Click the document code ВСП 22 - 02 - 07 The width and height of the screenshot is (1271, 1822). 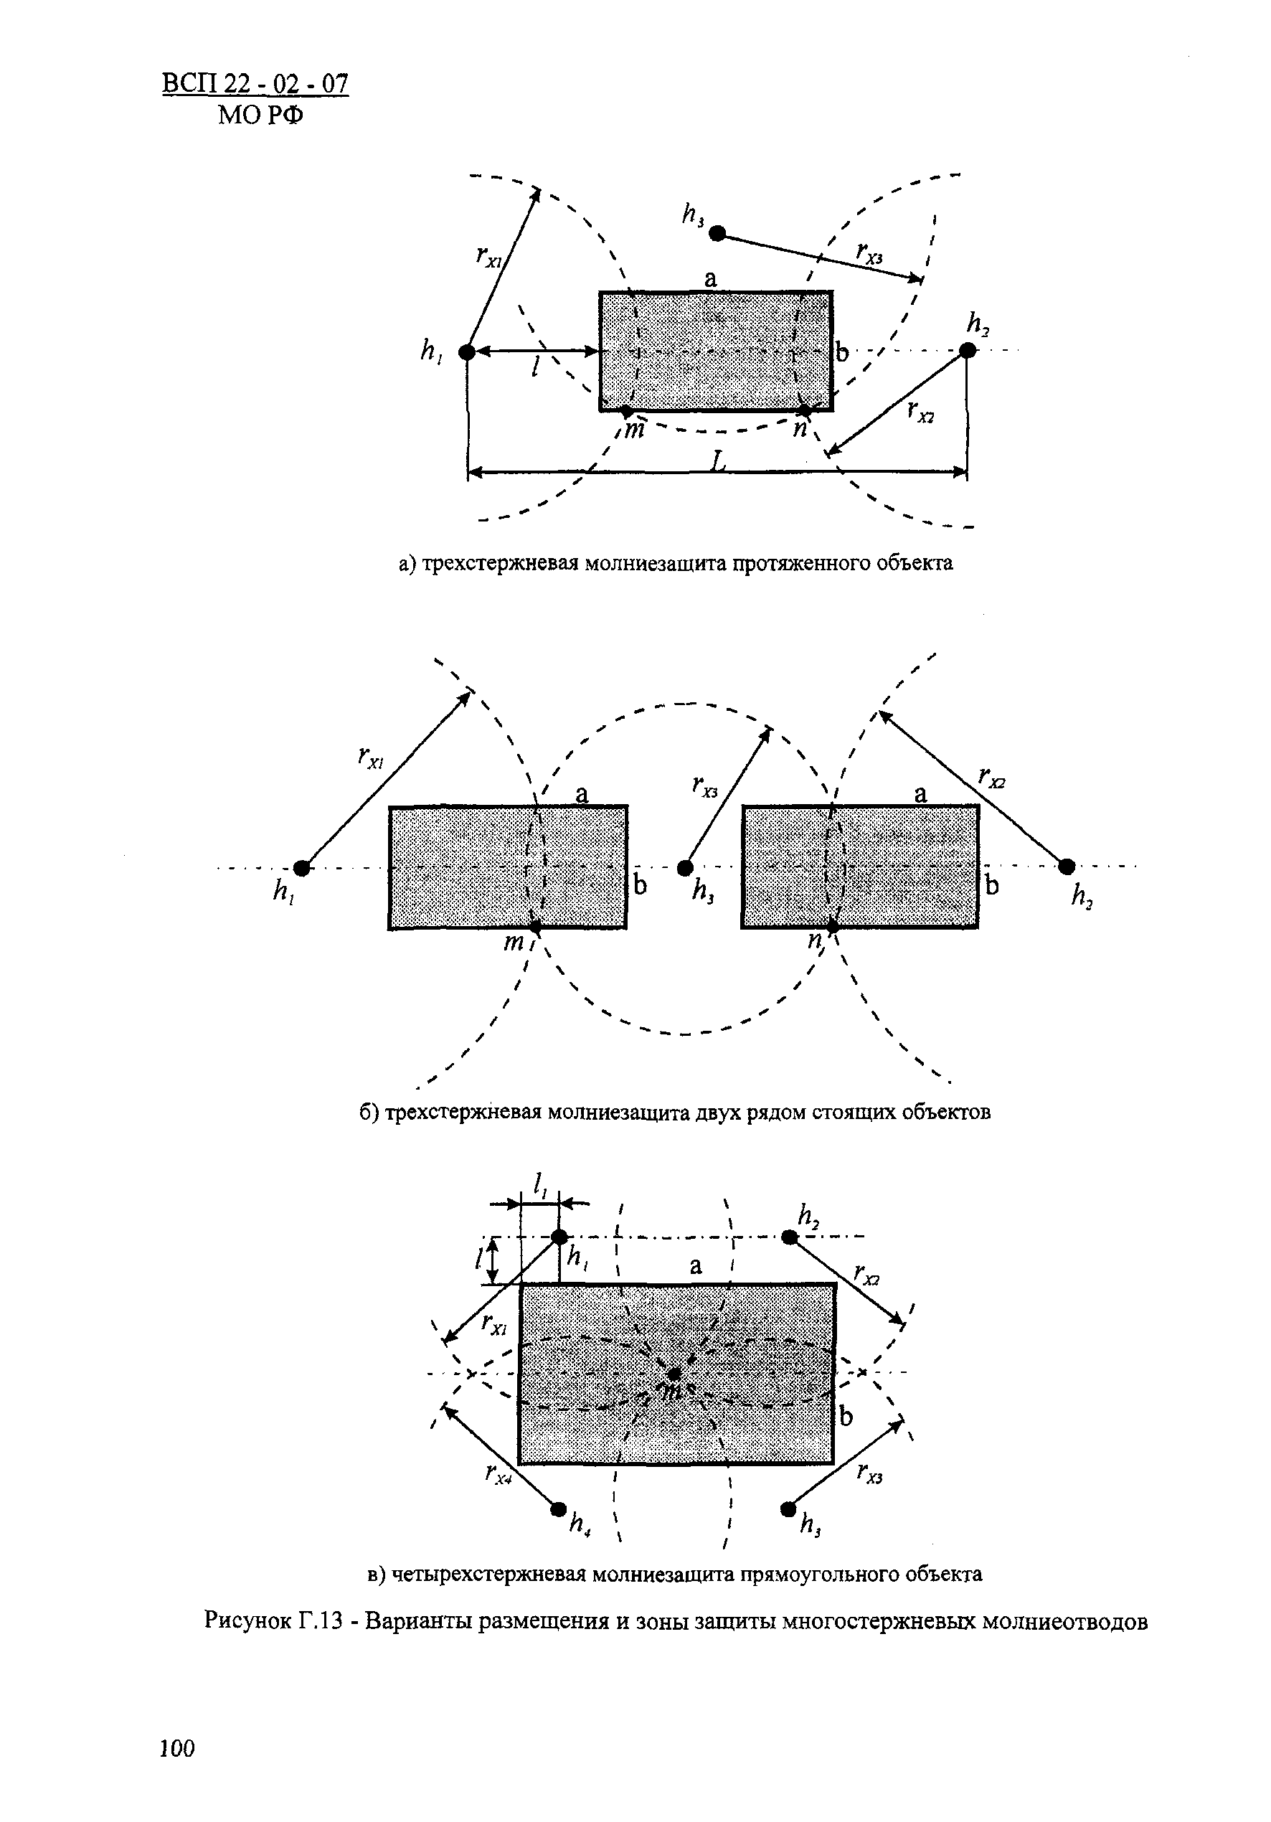(255, 84)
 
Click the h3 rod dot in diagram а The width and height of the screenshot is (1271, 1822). (717, 233)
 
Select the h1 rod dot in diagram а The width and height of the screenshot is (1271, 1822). (468, 351)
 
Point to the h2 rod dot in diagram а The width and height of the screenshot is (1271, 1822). (967, 351)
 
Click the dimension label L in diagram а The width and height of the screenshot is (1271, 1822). (719, 461)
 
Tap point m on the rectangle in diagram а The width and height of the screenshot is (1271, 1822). (626, 411)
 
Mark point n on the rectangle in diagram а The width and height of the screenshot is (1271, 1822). (805, 410)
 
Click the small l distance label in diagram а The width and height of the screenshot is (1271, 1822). (537, 367)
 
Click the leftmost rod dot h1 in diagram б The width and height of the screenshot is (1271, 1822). (301, 868)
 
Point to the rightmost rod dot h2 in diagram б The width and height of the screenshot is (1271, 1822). (1067, 866)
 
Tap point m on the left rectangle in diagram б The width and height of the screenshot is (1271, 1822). (536, 927)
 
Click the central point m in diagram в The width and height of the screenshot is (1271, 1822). (674, 1374)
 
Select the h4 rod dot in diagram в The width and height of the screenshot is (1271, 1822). (559, 1509)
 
